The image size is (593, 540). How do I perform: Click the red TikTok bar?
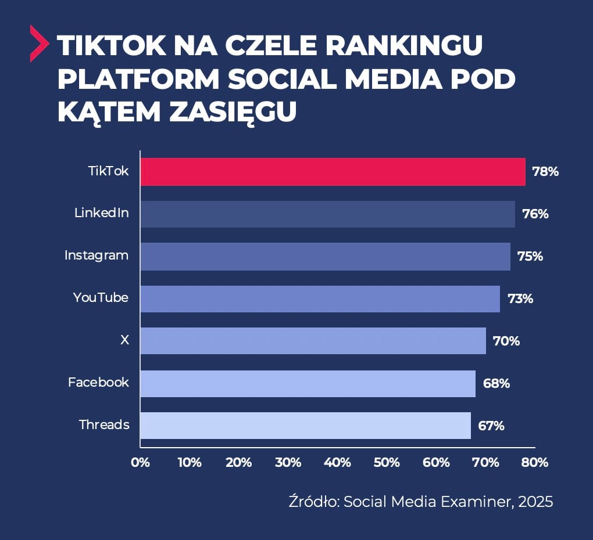click(333, 172)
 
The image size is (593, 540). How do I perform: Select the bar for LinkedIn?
click(327, 214)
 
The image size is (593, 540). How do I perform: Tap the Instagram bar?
click(325, 257)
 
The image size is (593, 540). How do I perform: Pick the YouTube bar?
click(320, 299)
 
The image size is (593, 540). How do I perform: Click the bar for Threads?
click(305, 426)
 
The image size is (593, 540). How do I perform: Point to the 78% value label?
click(545, 172)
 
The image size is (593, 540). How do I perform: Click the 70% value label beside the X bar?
click(506, 341)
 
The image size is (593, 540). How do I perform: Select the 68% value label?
click(496, 384)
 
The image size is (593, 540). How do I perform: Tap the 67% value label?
click(491, 426)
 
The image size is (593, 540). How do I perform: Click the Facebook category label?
click(98, 383)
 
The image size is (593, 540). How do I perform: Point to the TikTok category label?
click(108, 171)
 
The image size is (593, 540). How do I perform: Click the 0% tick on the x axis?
click(140, 463)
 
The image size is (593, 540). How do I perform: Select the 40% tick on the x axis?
click(338, 463)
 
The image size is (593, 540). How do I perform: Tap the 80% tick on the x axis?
click(535, 463)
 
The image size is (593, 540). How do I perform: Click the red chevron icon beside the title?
click(39, 43)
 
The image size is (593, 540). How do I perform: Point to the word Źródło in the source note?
click(313, 502)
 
